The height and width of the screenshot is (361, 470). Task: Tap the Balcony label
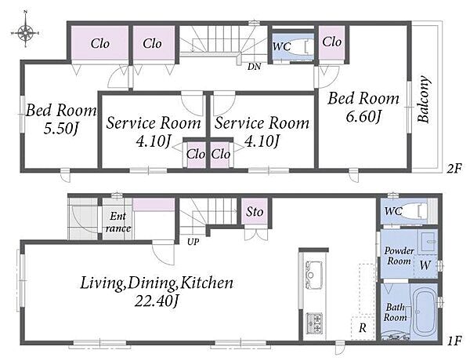tap(423, 99)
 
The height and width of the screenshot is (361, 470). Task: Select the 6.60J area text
tap(363, 116)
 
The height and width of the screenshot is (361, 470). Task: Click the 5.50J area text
tap(61, 129)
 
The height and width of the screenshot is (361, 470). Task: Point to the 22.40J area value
tap(157, 301)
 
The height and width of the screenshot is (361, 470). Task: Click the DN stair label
tap(254, 67)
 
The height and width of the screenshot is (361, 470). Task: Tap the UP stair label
tap(193, 242)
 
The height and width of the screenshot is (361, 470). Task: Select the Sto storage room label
tap(255, 212)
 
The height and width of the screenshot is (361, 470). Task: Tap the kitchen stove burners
tap(314, 323)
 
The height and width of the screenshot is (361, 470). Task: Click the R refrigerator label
tap(363, 328)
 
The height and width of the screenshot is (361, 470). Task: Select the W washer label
tap(425, 265)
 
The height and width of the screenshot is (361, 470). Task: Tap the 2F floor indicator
tap(454, 169)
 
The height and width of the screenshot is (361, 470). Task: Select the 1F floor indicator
tap(454, 341)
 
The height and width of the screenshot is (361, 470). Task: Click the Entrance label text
tap(118, 222)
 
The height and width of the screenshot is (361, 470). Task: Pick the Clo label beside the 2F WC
tap(332, 42)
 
